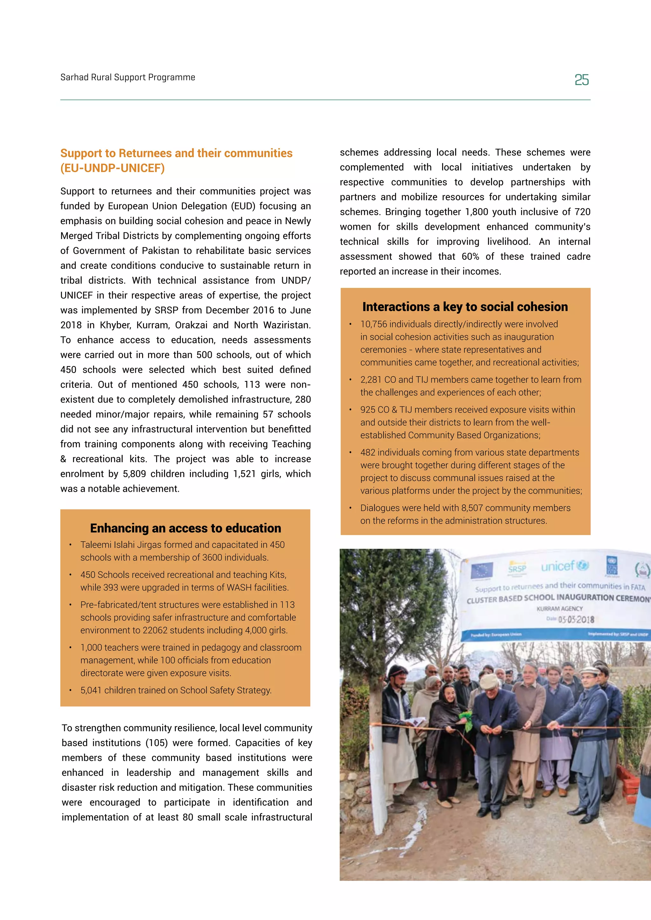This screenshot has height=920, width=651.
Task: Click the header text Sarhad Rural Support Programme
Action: click(127, 77)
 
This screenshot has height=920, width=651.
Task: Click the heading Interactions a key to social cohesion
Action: click(465, 307)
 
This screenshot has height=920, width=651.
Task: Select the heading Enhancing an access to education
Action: click(185, 528)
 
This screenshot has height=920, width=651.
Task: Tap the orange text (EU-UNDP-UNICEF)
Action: click(112, 168)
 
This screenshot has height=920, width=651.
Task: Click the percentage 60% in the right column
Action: click(470, 257)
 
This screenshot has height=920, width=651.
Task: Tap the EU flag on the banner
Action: click(482, 570)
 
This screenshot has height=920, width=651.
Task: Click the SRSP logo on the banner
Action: click(517, 568)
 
